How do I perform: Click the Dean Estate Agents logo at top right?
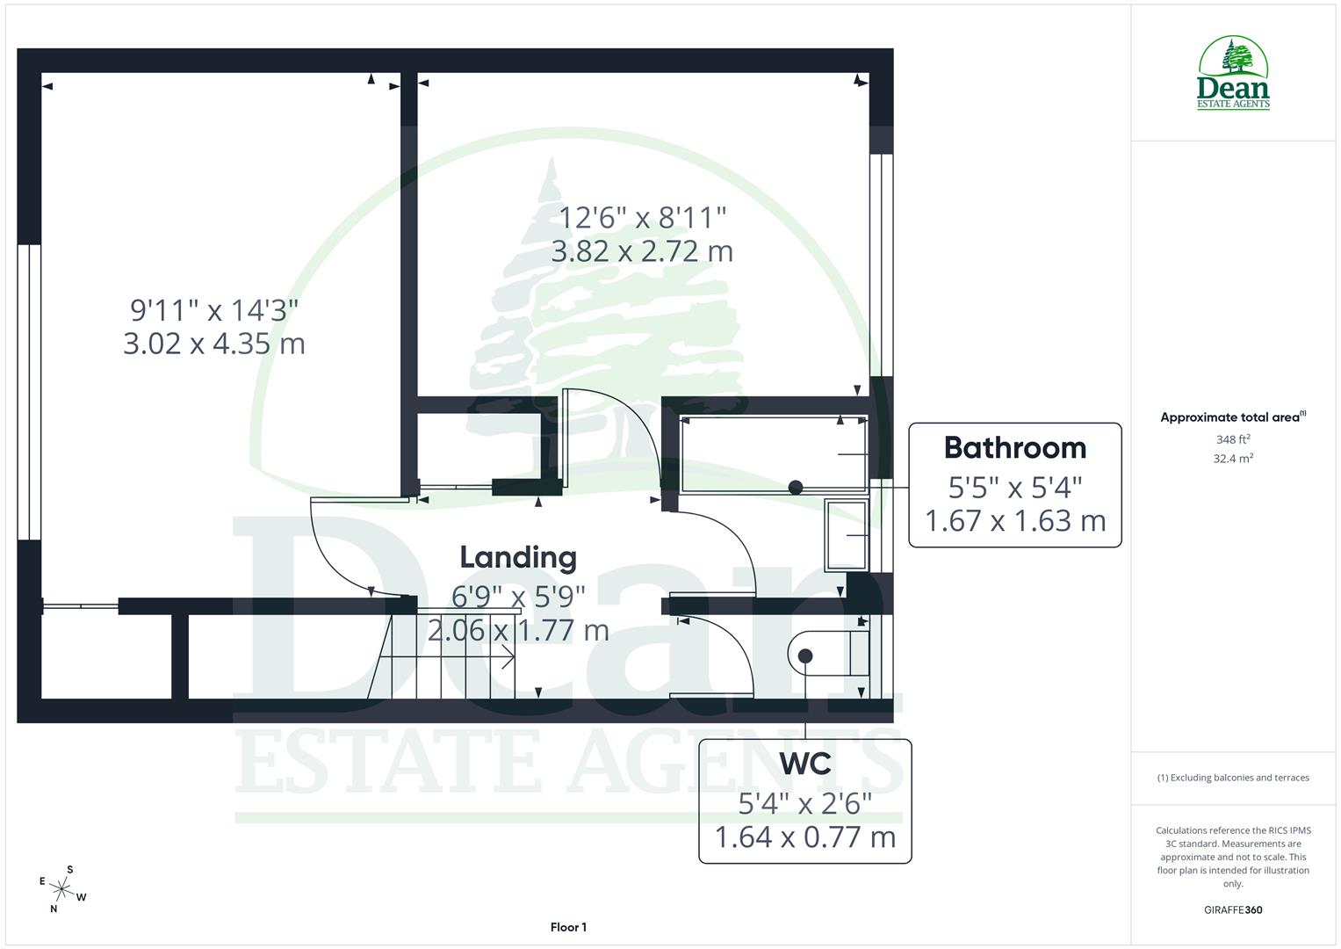tap(1233, 74)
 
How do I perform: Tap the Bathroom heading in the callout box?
tap(1014, 448)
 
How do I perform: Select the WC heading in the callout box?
tap(805, 764)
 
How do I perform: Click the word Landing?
tap(518, 557)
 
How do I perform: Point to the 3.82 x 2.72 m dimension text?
tap(642, 251)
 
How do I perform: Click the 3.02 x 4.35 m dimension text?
tap(214, 343)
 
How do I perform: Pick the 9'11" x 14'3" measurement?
tap(214, 309)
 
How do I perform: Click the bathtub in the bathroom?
tap(773, 453)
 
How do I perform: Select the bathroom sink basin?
tap(846, 534)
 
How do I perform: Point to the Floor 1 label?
tap(568, 927)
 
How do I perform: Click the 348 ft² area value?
tap(1232, 439)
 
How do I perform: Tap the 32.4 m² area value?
tap(1232, 458)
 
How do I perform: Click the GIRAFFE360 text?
tap(1232, 909)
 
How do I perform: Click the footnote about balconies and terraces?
tap(1233, 778)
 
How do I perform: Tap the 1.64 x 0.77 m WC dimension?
tap(805, 837)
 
